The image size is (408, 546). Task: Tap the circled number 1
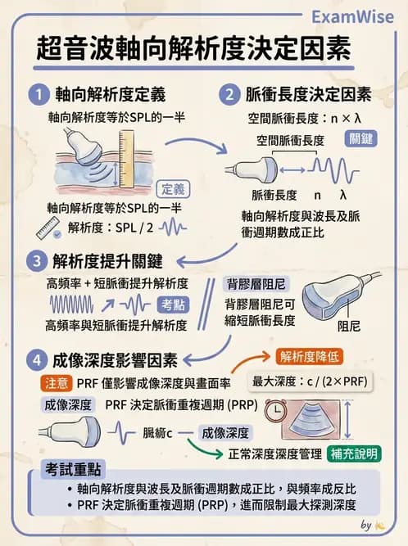[x=36, y=93]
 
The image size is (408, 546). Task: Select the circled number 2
[x=230, y=93]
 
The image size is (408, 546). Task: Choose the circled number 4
[x=36, y=359]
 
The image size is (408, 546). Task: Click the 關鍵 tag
[x=360, y=138]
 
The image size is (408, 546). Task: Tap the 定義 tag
[x=176, y=187]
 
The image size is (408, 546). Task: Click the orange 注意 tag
[x=56, y=382]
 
